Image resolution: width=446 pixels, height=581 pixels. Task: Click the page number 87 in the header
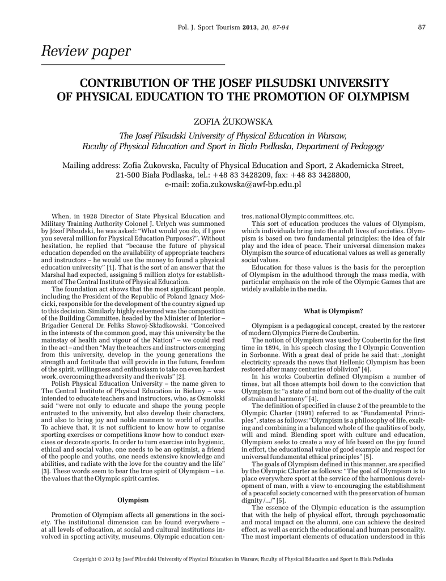pyautogui.click(x=422, y=27)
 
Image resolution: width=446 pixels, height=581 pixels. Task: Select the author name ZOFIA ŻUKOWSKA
pyautogui.click(x=225, y=121)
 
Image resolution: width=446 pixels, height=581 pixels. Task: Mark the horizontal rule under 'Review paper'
pyautogui.click(x=134, y=64)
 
